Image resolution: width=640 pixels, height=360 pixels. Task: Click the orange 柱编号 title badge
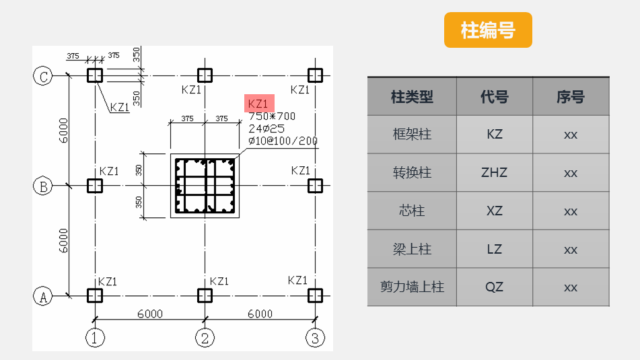point(488,30)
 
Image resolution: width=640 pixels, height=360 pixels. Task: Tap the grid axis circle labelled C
point(42,76)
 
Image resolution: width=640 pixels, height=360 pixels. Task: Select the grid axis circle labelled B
point(42,186)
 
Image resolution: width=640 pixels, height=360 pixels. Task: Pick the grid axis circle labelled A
point(42,296)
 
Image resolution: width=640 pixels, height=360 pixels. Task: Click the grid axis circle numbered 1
point(95,337)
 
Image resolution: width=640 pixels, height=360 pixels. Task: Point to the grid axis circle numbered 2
point(205,337)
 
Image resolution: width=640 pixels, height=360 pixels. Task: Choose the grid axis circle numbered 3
point(314,337)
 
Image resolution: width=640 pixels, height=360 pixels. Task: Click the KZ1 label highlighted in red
point(258,104)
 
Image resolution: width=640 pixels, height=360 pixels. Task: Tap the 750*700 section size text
point(272,116)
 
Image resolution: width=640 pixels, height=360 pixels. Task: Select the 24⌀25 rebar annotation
point(266,128)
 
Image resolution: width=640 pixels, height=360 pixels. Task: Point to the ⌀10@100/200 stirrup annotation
point(283,141)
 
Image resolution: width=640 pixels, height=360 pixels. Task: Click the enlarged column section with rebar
point(205,186)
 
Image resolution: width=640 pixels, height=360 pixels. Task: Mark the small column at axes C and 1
point(95,75)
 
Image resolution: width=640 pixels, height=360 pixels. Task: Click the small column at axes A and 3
point(314,295)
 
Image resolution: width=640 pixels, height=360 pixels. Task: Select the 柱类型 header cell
point(412,97)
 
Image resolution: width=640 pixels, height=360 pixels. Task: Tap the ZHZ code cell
point(495,173)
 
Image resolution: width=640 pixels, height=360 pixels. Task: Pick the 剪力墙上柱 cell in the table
point(412,287)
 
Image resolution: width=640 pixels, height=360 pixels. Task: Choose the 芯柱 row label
point(412,211)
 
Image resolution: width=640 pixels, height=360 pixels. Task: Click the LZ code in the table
point(495,249)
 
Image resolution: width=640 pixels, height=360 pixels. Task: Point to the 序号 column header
point(571,97)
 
